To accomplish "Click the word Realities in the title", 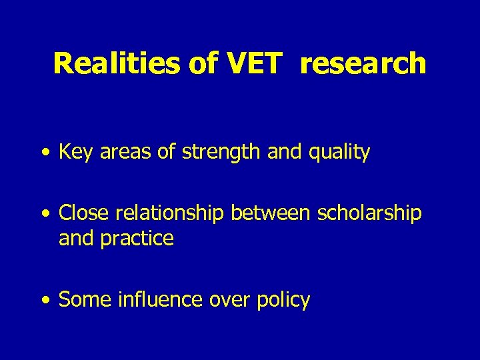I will (117, 63).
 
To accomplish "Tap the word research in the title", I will (363, 63).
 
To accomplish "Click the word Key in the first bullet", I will (73, 153).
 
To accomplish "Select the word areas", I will (117, 153).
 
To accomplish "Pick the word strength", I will (213, 153).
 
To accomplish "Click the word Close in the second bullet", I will (84, 213).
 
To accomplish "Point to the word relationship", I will (170, 213).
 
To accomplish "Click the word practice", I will (138, 238).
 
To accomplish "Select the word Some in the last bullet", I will (85, 300).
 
